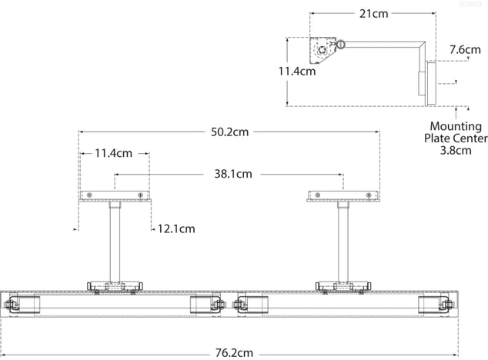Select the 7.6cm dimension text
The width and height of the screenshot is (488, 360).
point(466,50)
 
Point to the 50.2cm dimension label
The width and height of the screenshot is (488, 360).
point(229,132)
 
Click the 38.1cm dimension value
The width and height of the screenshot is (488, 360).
point(232,174)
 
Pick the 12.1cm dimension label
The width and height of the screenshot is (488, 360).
point(176,228)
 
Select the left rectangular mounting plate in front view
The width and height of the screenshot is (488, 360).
point(115,197)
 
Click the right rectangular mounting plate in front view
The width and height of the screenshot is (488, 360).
point(343,197)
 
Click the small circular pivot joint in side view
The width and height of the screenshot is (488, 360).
point(340,45)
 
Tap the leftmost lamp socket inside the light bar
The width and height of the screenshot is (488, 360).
point(24,305)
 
